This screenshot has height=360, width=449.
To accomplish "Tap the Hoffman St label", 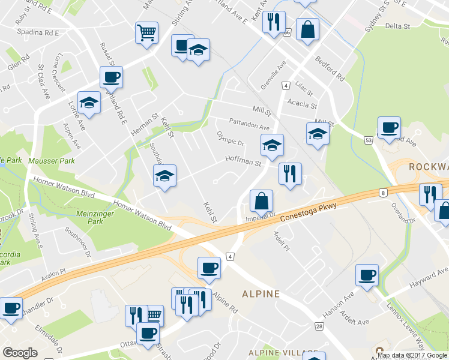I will point(243,161).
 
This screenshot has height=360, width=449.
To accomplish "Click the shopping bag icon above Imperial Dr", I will point(261,201).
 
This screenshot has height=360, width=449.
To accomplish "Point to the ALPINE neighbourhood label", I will point(261,294).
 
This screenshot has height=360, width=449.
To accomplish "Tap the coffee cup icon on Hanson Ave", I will point(367,275).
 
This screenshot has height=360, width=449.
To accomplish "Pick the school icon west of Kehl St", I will point(164,176).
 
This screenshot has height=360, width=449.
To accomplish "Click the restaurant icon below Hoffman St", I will point(290,174).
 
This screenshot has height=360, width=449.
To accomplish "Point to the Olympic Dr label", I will point(231,139).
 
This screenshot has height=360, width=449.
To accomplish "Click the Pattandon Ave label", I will point(249,124).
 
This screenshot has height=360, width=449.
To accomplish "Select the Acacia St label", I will point(302,104).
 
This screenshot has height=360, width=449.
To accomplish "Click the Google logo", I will point(20,353).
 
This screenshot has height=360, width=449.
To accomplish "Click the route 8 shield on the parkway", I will point(382,193).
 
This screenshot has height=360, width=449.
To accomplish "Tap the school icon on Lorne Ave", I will point(89,102).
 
